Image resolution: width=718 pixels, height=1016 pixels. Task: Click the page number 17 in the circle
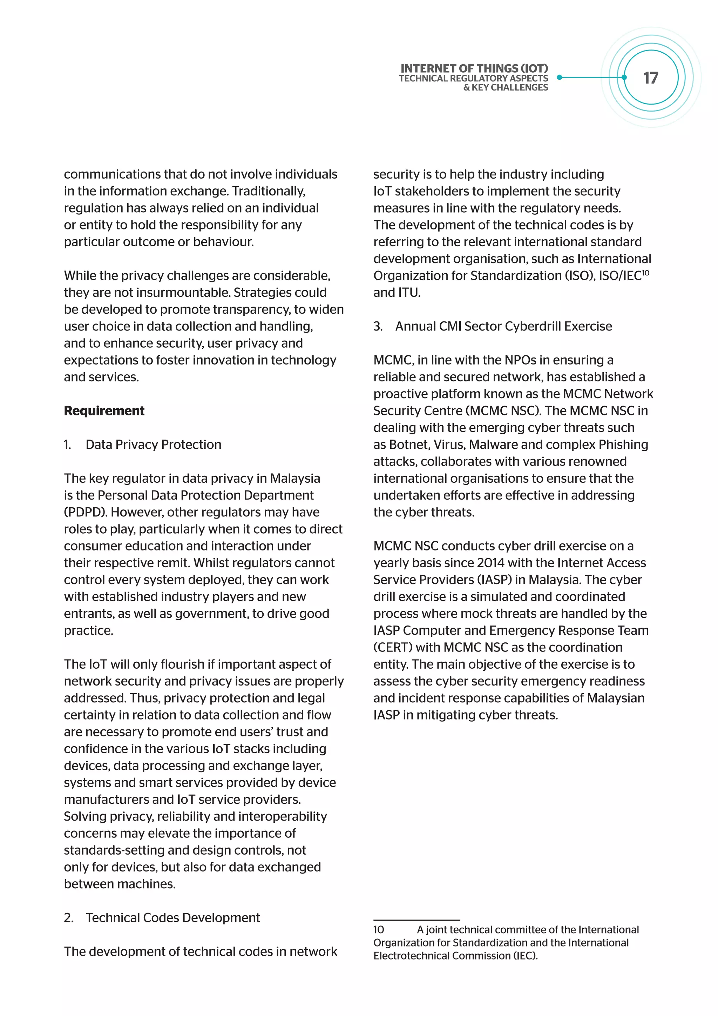point(650,78)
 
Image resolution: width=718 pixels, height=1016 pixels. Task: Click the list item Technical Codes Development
point(172,918)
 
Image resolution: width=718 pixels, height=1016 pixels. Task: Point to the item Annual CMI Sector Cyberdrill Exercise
point(503,326)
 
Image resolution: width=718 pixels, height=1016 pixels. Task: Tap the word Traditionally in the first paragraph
point(268,191)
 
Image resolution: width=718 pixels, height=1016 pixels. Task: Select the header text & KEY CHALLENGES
point(505,88)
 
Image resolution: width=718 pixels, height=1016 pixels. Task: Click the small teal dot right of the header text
point(559,78)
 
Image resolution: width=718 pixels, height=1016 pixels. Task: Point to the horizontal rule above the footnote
point(416,921)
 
